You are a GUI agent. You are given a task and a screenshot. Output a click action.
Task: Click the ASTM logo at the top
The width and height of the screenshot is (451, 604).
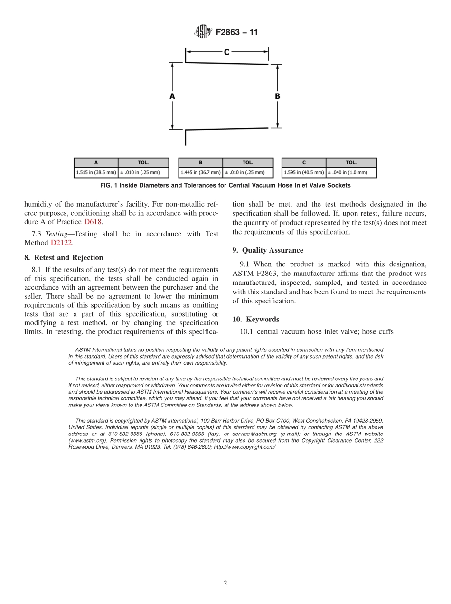click(x=203, y=32)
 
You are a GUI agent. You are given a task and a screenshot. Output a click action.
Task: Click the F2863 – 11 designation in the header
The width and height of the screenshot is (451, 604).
click(x=236, y=33)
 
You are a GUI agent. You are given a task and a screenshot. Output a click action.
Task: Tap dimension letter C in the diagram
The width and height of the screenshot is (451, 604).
click(x=226, y=52)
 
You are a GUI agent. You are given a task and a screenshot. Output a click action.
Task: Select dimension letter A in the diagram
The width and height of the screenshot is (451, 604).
click(x=172, y=96)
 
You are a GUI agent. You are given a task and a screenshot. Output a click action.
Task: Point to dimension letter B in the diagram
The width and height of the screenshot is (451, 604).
click(x=277, y=96)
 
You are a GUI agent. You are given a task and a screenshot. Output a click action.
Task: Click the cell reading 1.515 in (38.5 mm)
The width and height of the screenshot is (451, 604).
click(x=96, y=172)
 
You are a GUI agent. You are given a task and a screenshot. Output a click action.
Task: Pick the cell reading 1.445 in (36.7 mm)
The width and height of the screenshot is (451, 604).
click(x=200, y=172)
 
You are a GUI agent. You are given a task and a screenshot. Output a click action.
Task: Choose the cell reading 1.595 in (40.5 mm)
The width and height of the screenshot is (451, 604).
click(x=304, y=172)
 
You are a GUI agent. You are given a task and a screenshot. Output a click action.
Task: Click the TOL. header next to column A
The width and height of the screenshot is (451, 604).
click(x=143, y=162)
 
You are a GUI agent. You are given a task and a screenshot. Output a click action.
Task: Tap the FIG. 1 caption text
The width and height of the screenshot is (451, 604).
click(x=225, y=185)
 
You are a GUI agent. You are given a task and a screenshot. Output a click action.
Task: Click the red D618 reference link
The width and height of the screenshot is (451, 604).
click(x=93, y=222)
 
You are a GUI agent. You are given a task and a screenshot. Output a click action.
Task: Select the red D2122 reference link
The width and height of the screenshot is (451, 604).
click(x=61, y=243)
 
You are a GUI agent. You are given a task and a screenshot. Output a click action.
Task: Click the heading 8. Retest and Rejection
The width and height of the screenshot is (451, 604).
click(x=64, y=258)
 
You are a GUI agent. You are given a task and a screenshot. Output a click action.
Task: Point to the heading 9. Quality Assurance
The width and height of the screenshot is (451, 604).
click(x=268, y=250)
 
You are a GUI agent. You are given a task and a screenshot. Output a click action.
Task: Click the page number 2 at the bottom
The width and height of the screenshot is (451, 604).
click(x=225, y=584)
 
